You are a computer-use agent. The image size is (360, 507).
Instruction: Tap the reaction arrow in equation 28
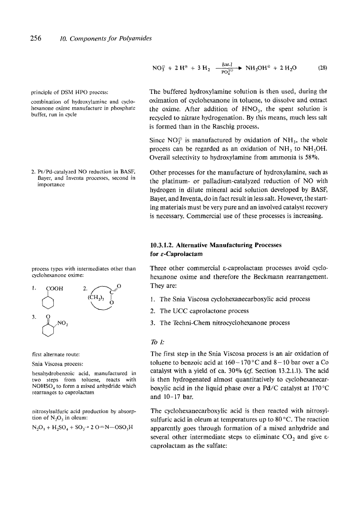[x=225, y=68]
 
